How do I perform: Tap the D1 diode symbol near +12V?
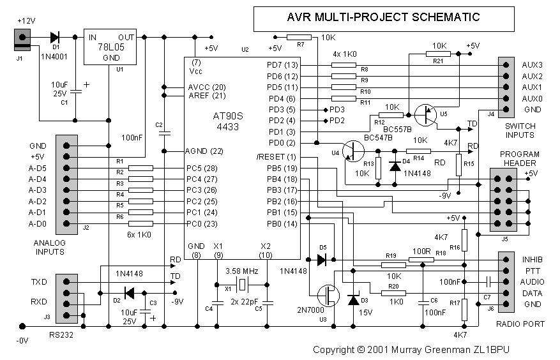pos(55,37)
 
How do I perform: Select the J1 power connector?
pos(22,41)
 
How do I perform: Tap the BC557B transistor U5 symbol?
pos(425,116)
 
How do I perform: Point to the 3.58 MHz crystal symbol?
pos(243,283)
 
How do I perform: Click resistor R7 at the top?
pos(300,38)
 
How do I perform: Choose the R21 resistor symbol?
pos(438,55)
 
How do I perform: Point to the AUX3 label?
pos(531,65)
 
